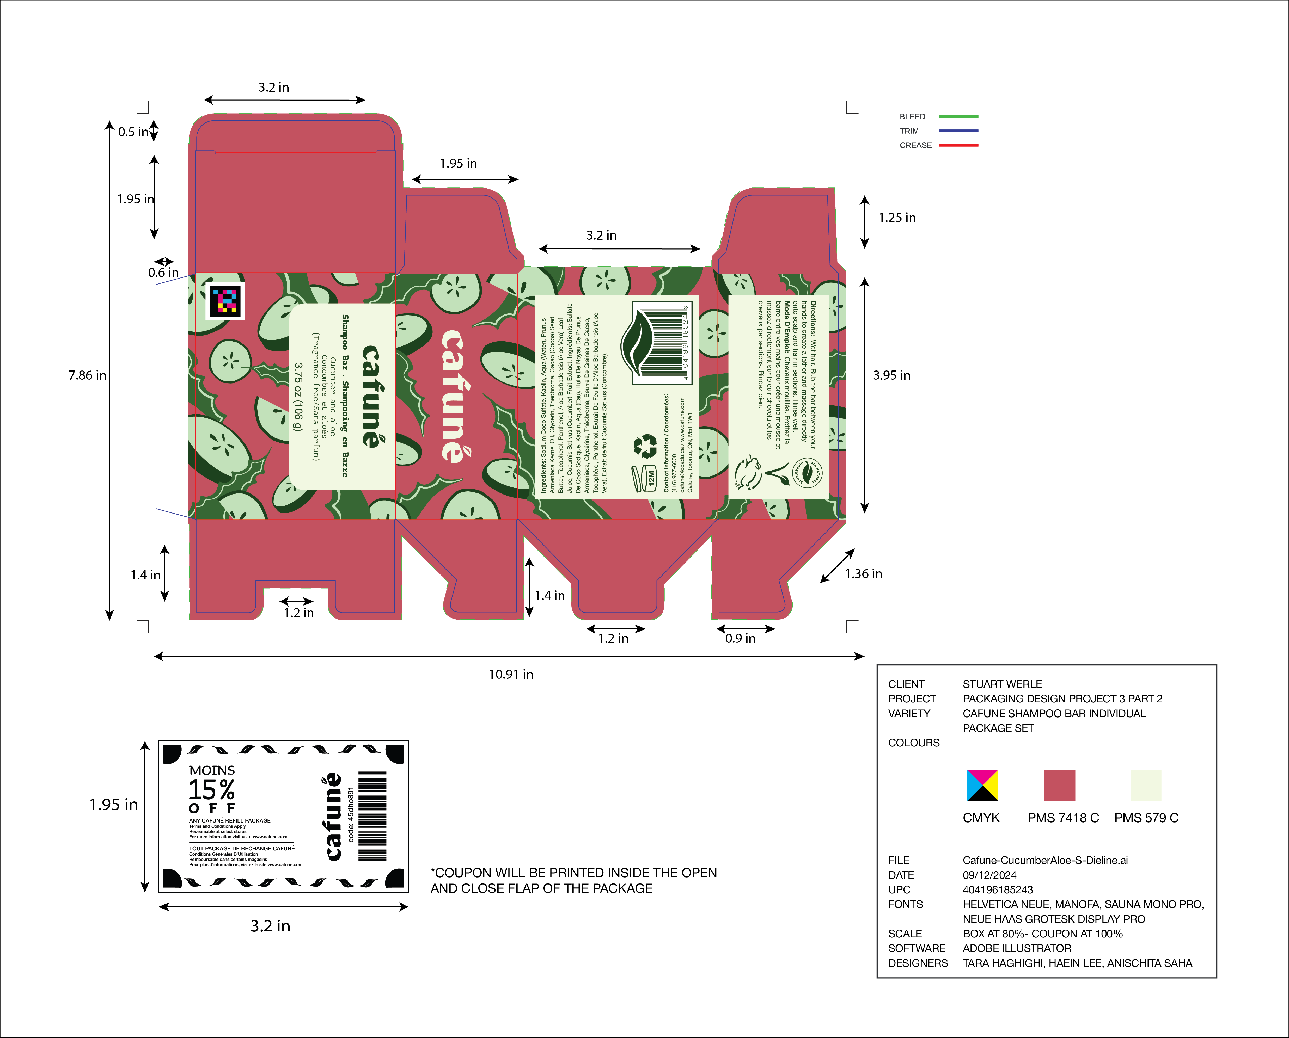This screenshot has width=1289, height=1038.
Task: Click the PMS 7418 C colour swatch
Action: coord(1059,785)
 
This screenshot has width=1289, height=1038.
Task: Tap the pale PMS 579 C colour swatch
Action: coord(1145,785)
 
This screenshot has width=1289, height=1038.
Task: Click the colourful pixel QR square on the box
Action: coord(225,300)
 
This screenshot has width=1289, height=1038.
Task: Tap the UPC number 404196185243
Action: coord(998,890)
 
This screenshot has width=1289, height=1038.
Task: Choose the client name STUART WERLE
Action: coord(1002,684)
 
